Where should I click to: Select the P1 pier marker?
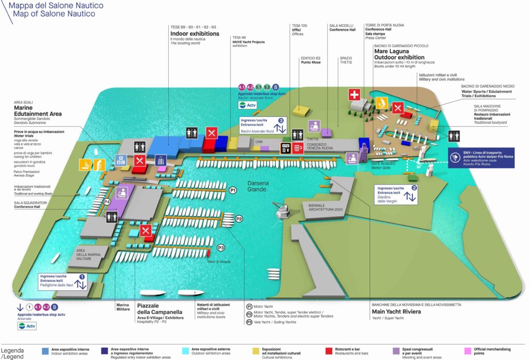tap(233, 190)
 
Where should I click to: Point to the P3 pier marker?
tap(221, 248)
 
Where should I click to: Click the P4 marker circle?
tap(107, 201)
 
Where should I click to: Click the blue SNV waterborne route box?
tap(482, 158)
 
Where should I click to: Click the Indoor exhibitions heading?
tap(195, 34)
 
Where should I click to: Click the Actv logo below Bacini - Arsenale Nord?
tap(247, 105)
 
